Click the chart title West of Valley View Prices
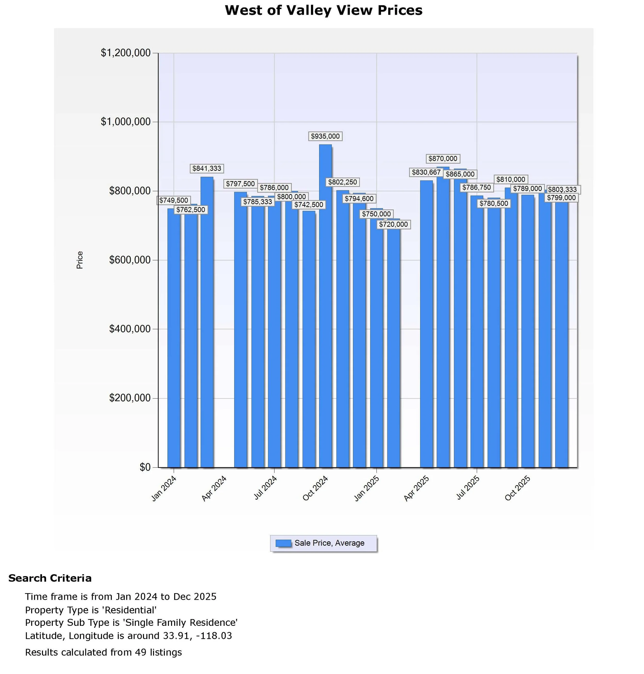coord(323,10)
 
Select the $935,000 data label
coord(325,136)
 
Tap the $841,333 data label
coord(207,168)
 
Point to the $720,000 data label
coord(393,225)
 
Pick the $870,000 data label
coord(443,159)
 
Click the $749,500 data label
coord(174,200)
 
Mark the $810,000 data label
coord(511,180)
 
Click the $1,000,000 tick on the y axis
coord(126,122)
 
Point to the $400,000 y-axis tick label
coord(130,329)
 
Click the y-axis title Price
coord(80,260)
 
